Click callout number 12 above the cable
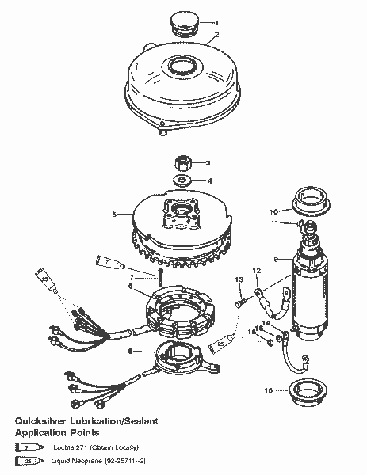point(256,271)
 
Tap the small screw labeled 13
point(239,302)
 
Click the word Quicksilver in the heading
point(48,423)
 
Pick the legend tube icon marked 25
point(27,460)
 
